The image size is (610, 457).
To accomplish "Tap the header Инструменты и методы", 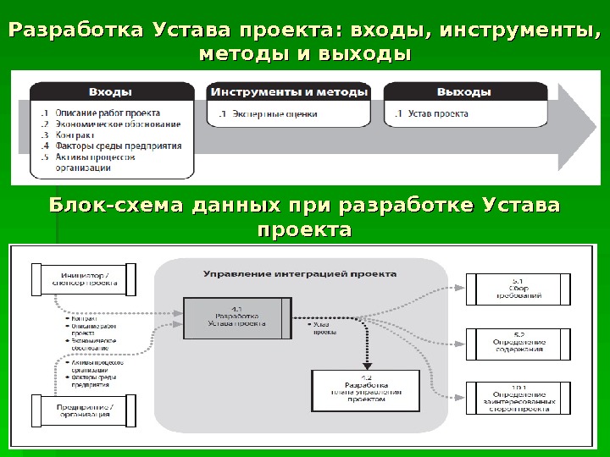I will coord(289,91).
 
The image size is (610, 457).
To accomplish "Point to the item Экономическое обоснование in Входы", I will coord(117,124).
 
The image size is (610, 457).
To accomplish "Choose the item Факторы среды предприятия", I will coord(118,146).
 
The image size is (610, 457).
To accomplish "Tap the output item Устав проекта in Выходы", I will coord(438,113).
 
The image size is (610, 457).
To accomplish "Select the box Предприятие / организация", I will coord(82,410).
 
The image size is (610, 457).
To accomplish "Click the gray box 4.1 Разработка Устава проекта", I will coord(238,317).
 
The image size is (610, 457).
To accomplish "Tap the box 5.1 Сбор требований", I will coord(518,288).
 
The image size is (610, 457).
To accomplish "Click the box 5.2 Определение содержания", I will coord(518,342).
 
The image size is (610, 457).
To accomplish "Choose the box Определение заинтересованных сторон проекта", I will coord(518,398).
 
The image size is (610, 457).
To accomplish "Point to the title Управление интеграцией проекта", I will coord(299,273).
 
